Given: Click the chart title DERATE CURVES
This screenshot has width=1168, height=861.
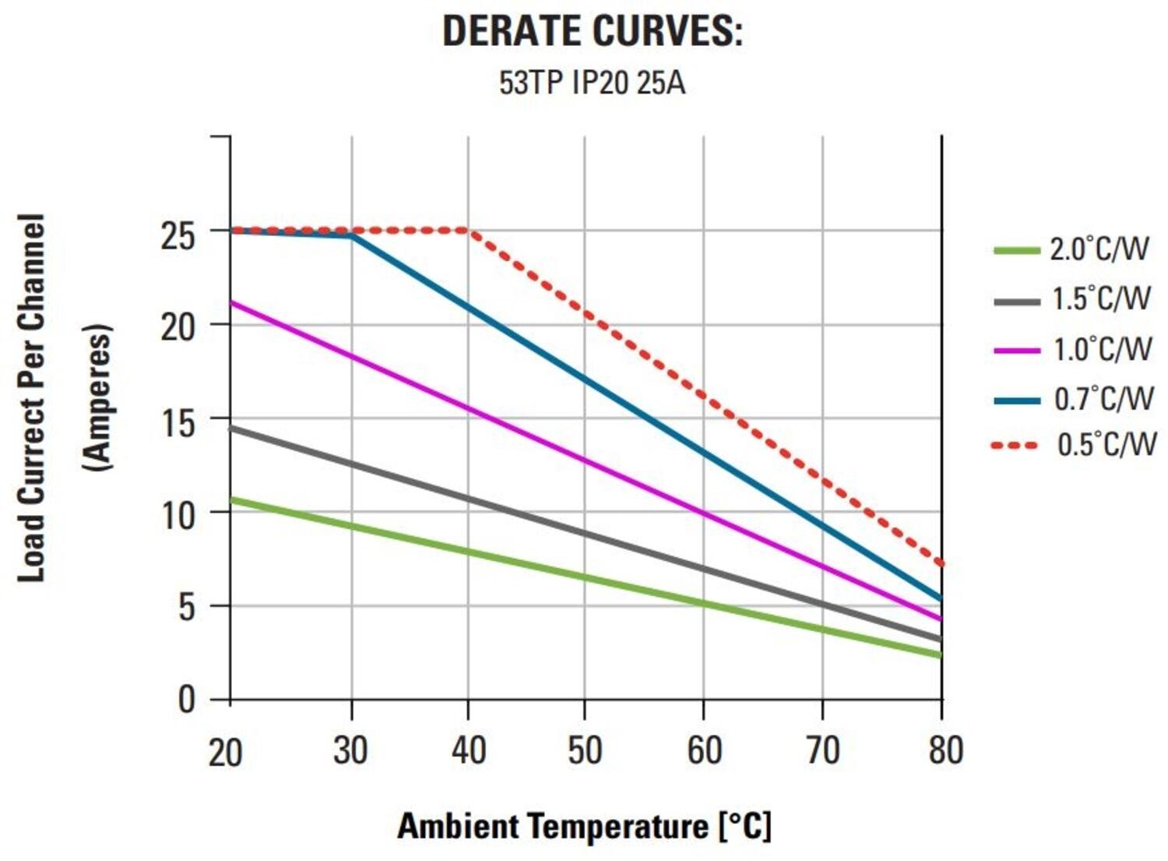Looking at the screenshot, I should pyautogui.click(x=592, y=31).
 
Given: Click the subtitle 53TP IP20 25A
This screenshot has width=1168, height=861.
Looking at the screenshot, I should pyautogui.click(x=592, y=83).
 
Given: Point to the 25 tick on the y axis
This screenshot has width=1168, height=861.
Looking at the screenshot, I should pyautogui.click(x=178, y=234).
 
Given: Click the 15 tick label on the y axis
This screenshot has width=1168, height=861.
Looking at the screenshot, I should pyautogui.click(x=178, y=422).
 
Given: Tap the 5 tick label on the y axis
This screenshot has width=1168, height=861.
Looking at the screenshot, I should pyautogui.click(x=186, y=607).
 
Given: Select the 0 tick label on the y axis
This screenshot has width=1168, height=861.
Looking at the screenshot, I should pyautogui.click(x=186, y=700).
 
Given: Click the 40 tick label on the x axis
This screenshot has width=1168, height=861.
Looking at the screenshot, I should pyautogui.click(x=469, y=750).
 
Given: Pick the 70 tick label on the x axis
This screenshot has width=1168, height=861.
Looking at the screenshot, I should pyautogui.click(x=822, y=750).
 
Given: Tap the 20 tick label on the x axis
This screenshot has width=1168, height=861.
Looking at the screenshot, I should pyautogui.click(x=226, y=752).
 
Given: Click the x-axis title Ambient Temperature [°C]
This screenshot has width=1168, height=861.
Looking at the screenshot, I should pyautogui.click(x=584, y=826).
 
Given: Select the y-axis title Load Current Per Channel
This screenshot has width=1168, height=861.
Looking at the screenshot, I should pyautogui.click(x=31, y=397).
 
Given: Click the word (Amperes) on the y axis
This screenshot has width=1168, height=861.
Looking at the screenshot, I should pyautogui.click(x=97, y=397).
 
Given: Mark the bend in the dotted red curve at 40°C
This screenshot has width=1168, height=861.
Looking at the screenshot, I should pyautogui.click(x=468, y=231).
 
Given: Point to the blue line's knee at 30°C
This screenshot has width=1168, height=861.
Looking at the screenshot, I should pyautogui.click(x=352, y=235).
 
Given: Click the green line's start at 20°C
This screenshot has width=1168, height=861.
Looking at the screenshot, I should pyautogui.click(x=232, y=499).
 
